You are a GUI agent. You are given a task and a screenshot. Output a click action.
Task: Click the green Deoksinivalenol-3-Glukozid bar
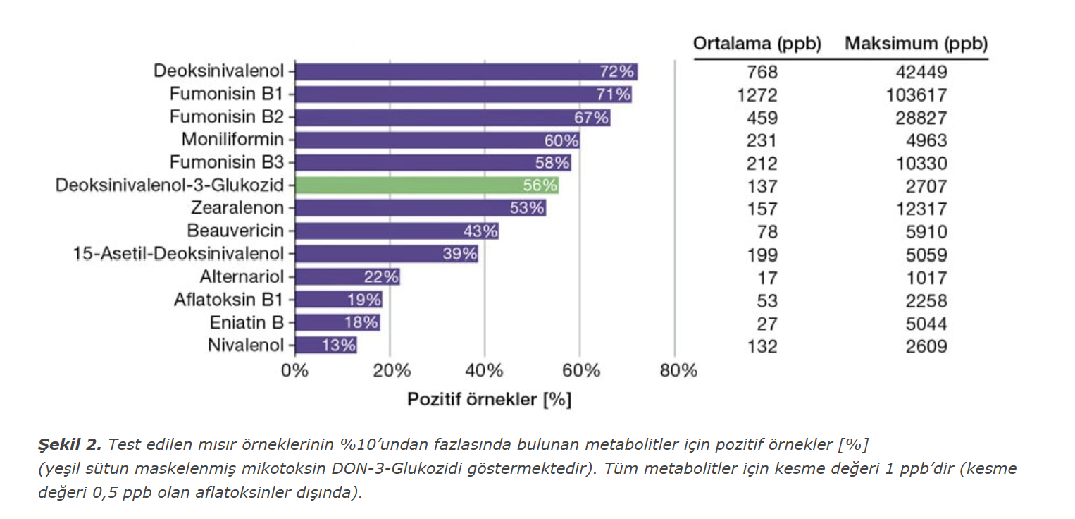point(426,185)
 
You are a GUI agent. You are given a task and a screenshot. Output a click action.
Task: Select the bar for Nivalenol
point(325,346)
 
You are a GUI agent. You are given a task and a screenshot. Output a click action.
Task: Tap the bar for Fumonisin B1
point(463,94)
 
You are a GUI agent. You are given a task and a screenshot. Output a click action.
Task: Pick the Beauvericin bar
point(397,231)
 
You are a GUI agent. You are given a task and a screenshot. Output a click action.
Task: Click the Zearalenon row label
point(237,208)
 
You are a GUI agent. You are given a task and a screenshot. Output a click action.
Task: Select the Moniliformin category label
point(232,139)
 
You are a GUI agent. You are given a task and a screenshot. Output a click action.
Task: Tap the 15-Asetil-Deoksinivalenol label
point(178,254)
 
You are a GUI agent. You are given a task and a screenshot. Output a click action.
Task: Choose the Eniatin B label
point(247,323)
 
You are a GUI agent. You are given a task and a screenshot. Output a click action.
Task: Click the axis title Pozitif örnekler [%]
point(489,399)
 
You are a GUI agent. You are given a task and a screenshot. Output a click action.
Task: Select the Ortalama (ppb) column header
point(757,44)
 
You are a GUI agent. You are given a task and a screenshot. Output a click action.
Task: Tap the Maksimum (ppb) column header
point(916,44)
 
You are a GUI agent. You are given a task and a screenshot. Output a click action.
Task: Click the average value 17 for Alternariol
point(767,278)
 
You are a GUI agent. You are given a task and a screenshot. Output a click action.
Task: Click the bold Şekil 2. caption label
point(70,444)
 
